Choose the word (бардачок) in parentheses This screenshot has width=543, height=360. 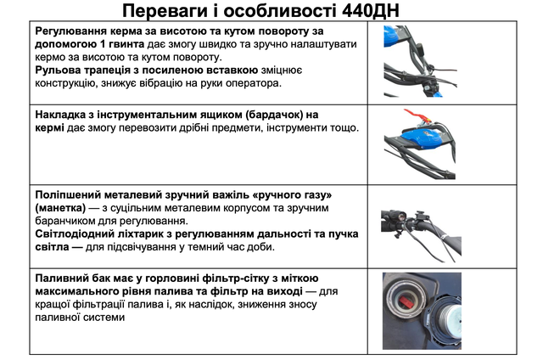[266, 115]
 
